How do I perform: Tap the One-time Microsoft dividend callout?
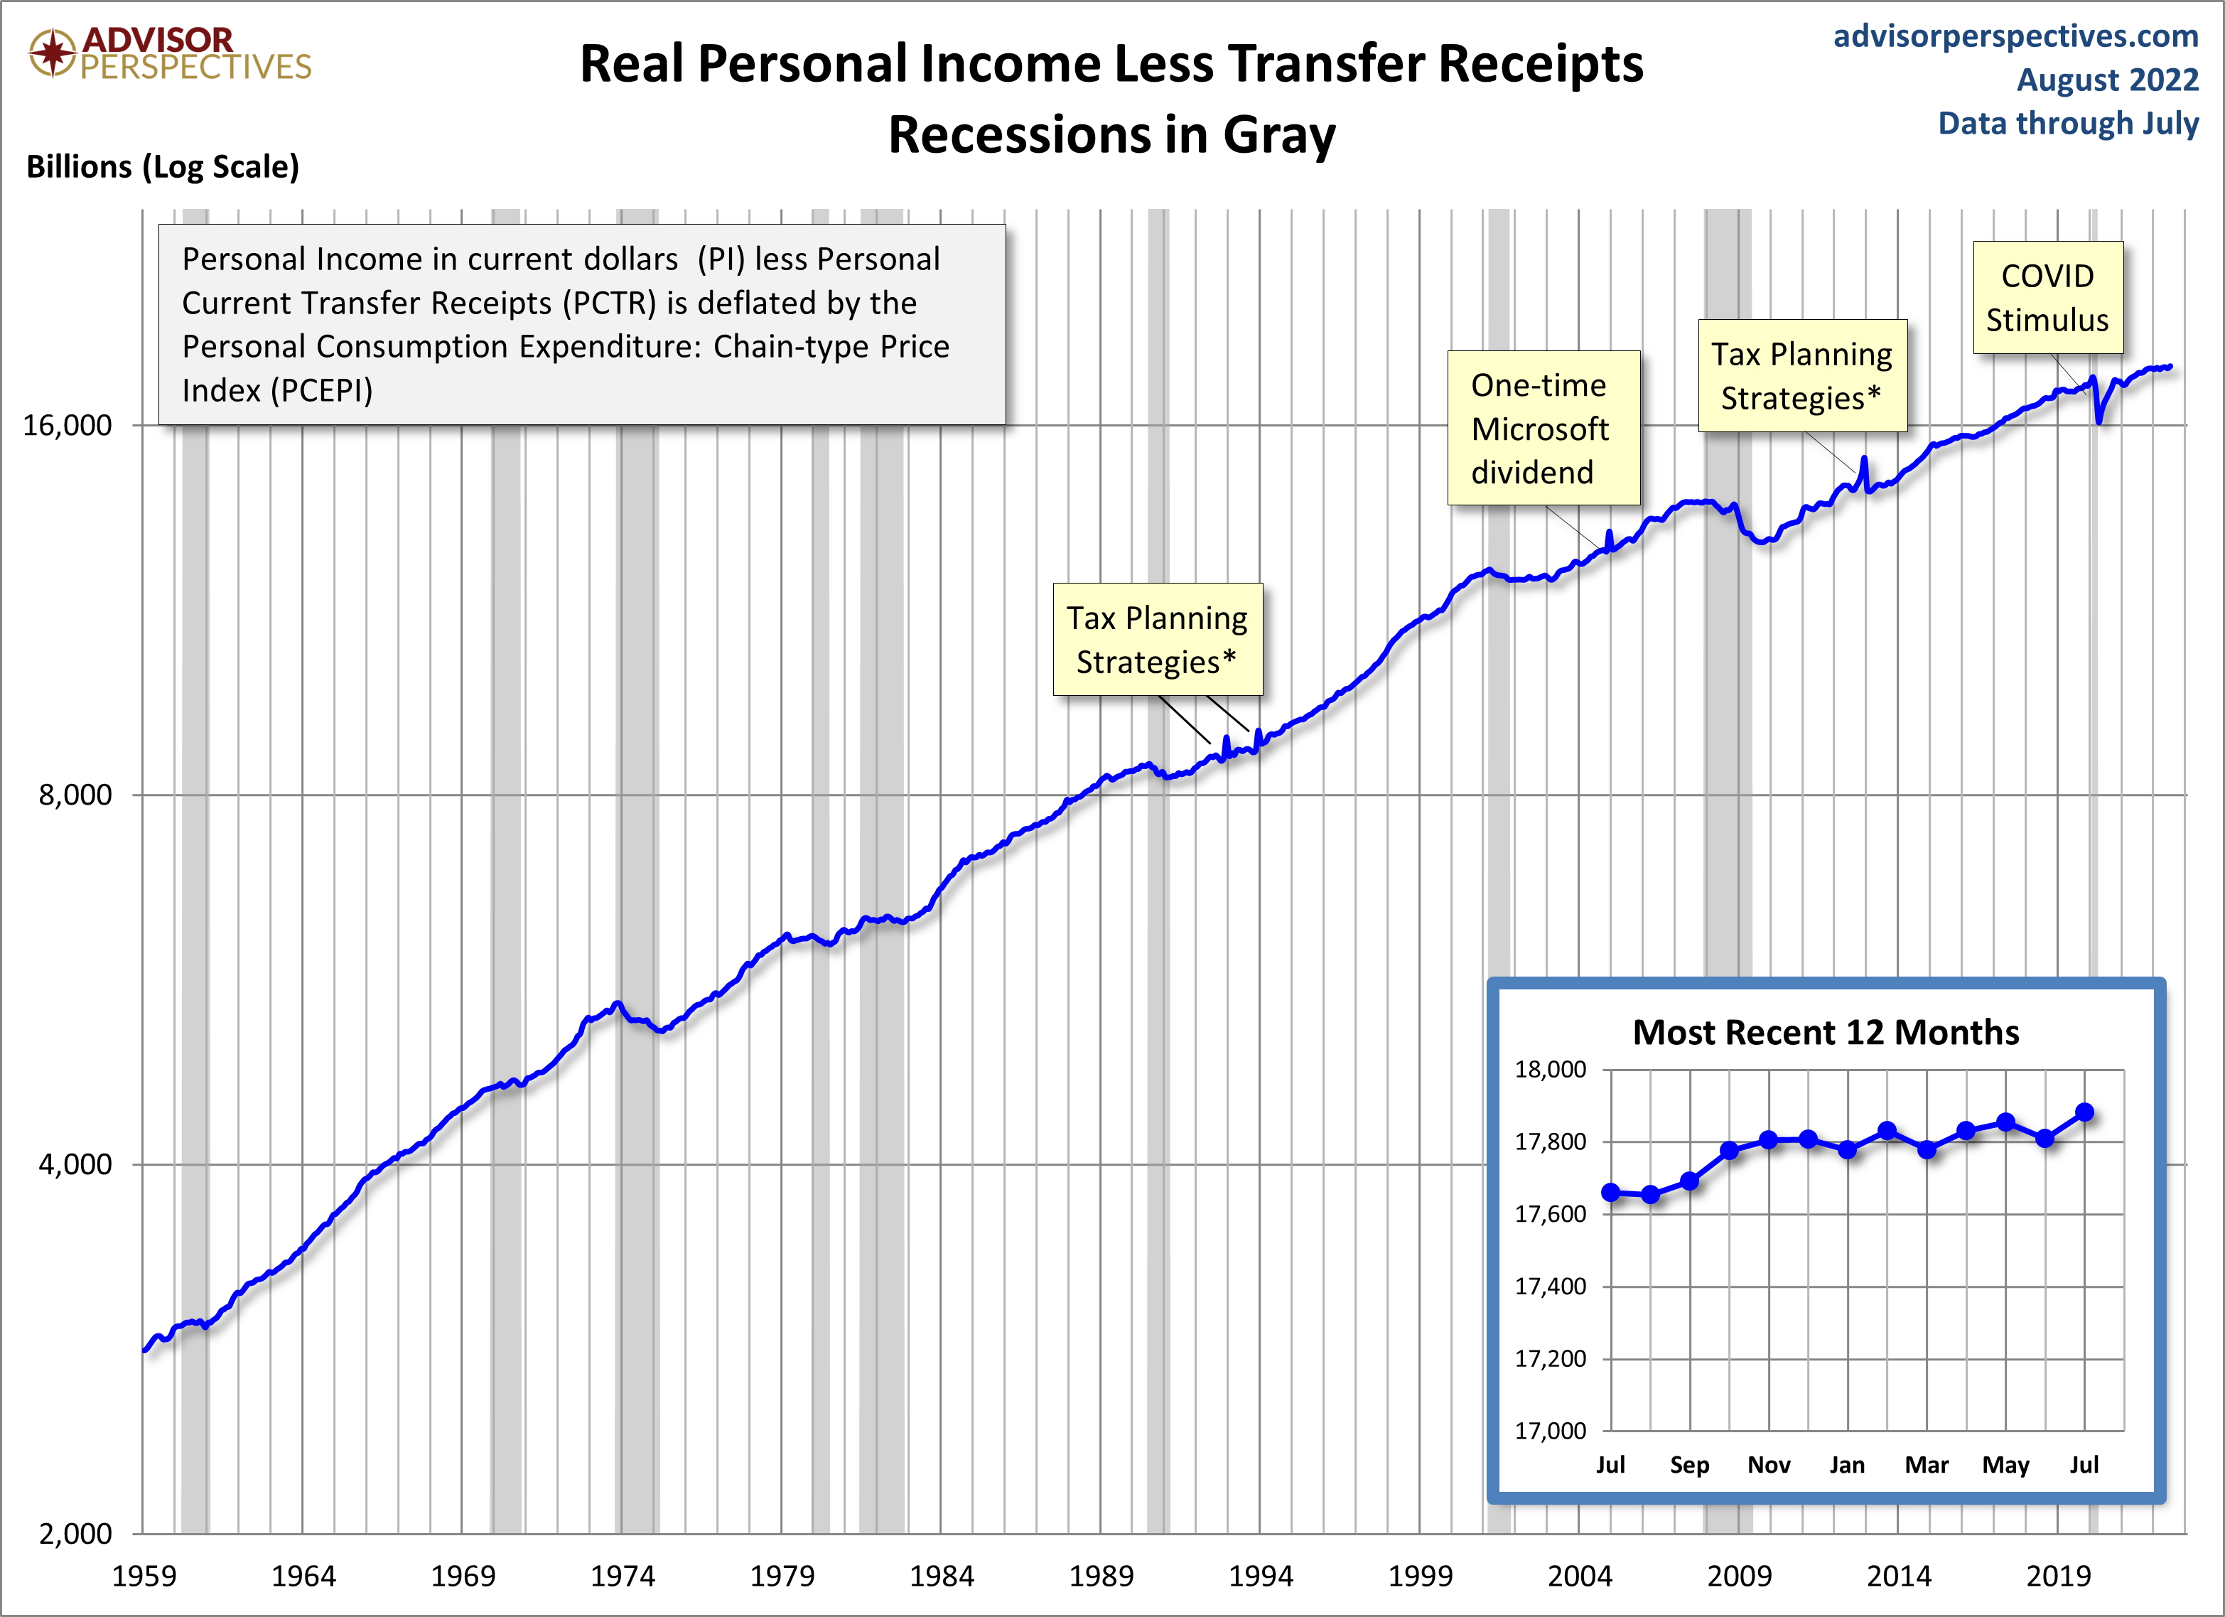click(1542, 428)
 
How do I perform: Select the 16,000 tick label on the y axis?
click(67, 425)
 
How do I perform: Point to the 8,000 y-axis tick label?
click(75, 795)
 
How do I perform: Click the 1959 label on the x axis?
click(144, 1576)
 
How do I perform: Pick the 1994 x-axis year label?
click(1260, 1576)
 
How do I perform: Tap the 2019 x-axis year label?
click(2057, 1576)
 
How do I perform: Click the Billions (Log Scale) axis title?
click(163, 167)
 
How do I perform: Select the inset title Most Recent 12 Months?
click(1825, 1032)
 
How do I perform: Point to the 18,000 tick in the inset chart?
click(1550, 1070)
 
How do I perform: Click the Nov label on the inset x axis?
click(1769, 1465)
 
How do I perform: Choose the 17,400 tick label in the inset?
click(1550, 1286)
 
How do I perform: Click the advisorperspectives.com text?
click(2015, 36)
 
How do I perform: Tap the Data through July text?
click(2067, 124)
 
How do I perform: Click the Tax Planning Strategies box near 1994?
click(1157, 640)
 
